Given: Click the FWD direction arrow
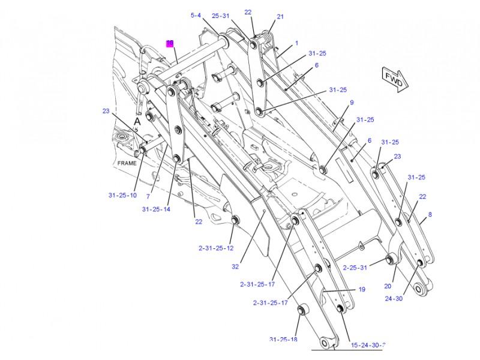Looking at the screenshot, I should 393,80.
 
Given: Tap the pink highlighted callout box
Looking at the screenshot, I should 170,43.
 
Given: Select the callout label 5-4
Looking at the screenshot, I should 196,16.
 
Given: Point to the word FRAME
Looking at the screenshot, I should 127,163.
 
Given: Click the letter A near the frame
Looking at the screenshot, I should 137,121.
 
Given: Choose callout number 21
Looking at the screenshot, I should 280,17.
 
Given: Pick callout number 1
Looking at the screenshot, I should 296,43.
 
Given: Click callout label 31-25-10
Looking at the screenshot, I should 122,195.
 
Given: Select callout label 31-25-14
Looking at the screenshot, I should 156,209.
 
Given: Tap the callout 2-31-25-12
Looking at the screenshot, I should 216,248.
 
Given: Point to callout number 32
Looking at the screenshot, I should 235,267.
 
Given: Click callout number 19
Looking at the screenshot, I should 362,289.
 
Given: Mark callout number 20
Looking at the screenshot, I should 388,286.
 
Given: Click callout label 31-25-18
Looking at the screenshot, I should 283,340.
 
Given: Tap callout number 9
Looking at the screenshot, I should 352,103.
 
